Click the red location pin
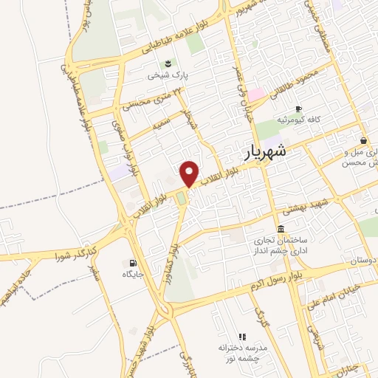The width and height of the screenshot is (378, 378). point(189,173)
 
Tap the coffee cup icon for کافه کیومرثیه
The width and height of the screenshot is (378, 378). point(298,107)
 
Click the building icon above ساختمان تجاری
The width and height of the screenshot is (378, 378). point(280,229)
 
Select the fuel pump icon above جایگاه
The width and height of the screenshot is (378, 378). point(132,263)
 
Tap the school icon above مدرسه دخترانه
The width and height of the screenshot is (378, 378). point(242,336)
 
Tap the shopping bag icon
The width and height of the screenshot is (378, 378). point(363,140)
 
